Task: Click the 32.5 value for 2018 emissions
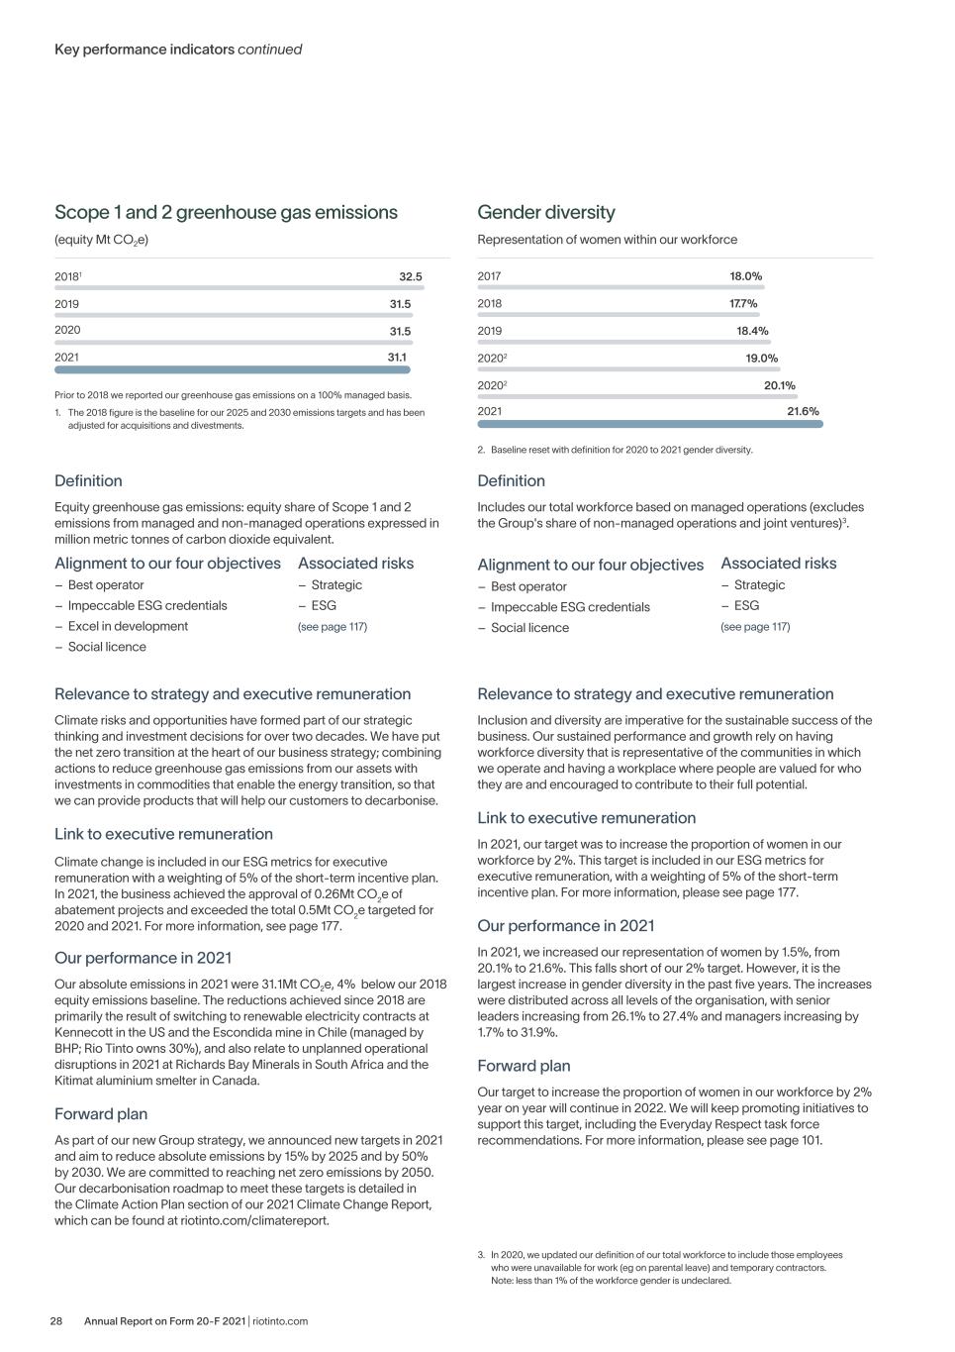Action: click(410, 277)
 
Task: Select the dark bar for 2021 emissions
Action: click(233, 370)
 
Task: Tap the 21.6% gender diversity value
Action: click(803, 411)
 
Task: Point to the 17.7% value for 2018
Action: click(743, 304)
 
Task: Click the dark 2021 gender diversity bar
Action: click(650, 424)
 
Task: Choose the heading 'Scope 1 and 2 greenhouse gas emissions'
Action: click(226, 212)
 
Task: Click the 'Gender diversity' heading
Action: click(546, 212)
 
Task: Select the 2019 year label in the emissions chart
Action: click(67, 304)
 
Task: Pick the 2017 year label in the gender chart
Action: click(489, 276)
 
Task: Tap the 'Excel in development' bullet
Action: click(128, 626)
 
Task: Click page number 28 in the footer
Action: click(57, 1320)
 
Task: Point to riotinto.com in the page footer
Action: click(280, 1320)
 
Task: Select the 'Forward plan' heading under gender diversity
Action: click(524, 1066)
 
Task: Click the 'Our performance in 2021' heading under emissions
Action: click(143, 958)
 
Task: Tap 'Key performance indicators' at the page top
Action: click(144, 50)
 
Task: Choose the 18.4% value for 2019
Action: click(752, 331)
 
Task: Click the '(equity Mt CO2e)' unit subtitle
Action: click(101, 240)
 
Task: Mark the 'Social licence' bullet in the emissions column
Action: click(107, 647)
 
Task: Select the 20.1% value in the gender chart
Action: click(779, 385)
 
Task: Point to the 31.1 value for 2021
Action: click(397, 357)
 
